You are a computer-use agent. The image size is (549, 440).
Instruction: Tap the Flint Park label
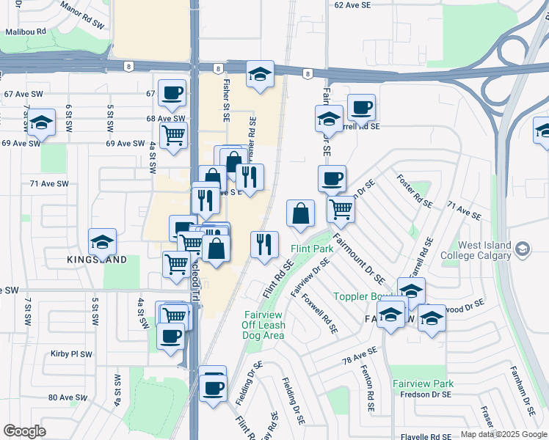311,249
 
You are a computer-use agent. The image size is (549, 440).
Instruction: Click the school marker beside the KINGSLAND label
102,241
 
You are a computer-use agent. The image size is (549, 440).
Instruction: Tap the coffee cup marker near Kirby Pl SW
171,337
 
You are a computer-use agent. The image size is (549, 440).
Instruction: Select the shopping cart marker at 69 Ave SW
173,135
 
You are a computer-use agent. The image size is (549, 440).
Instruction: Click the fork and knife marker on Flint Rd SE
265,244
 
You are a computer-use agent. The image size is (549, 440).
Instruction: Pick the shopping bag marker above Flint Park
300,213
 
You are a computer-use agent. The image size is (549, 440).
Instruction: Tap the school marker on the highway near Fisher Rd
259,75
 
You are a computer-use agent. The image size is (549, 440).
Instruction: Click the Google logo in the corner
24,431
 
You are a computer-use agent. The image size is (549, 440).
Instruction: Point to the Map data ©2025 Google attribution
503,435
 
